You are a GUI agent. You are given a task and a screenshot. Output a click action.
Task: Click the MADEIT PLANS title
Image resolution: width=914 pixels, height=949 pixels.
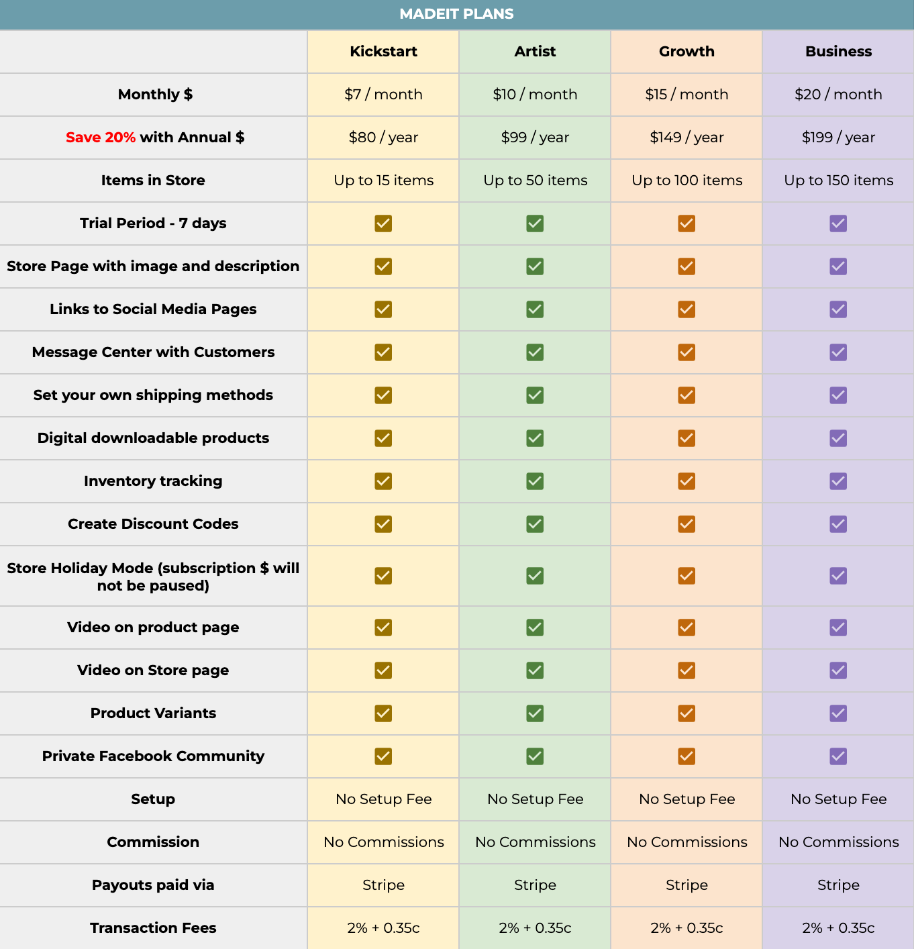click(456, 14)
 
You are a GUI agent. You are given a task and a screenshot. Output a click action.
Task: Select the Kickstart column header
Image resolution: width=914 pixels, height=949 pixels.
click(383, 52)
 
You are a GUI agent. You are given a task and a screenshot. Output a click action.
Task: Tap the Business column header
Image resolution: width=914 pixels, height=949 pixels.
click(838, 52)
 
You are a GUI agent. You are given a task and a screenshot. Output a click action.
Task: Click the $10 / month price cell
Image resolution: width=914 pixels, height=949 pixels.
click(535, 95)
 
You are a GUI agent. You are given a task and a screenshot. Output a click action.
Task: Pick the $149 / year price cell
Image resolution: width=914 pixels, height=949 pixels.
click(687, 138)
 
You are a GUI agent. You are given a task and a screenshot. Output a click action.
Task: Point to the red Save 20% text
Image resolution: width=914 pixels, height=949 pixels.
click(101, 138)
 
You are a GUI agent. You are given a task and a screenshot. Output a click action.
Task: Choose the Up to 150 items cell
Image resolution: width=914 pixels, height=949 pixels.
click(838, 181)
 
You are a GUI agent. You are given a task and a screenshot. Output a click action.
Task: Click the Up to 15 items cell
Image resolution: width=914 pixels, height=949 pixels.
click(383, 181)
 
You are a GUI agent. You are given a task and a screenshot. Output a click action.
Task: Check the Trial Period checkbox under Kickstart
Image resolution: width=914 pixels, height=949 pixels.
click(383, 223)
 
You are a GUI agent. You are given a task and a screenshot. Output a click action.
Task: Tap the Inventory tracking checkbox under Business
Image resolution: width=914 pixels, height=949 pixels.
click(838, 481)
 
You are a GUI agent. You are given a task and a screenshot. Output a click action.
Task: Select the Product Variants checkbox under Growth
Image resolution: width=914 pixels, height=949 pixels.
click(687, 713)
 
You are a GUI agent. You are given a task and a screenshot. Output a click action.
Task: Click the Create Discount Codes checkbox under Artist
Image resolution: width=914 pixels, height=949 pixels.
click(535, 524)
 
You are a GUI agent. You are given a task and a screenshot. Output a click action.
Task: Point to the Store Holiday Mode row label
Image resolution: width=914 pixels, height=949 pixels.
click(153, 577)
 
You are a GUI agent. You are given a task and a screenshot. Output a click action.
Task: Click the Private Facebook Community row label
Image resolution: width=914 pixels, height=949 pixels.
click(153, 756)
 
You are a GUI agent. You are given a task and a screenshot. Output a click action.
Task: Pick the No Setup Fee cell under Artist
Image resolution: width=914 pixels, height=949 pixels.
click(535, 799)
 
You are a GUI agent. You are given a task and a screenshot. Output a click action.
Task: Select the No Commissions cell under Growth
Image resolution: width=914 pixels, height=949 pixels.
click(687, 842)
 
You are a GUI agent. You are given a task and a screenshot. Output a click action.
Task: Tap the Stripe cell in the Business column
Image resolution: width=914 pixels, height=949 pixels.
click(838, 885)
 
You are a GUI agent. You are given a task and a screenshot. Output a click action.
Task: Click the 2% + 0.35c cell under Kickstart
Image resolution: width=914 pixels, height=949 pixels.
click(383, 928)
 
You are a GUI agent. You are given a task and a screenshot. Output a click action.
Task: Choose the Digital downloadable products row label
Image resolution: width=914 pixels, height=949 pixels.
click(153, 438)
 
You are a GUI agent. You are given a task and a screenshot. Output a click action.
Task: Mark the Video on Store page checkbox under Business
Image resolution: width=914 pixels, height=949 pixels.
click(838, 670)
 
